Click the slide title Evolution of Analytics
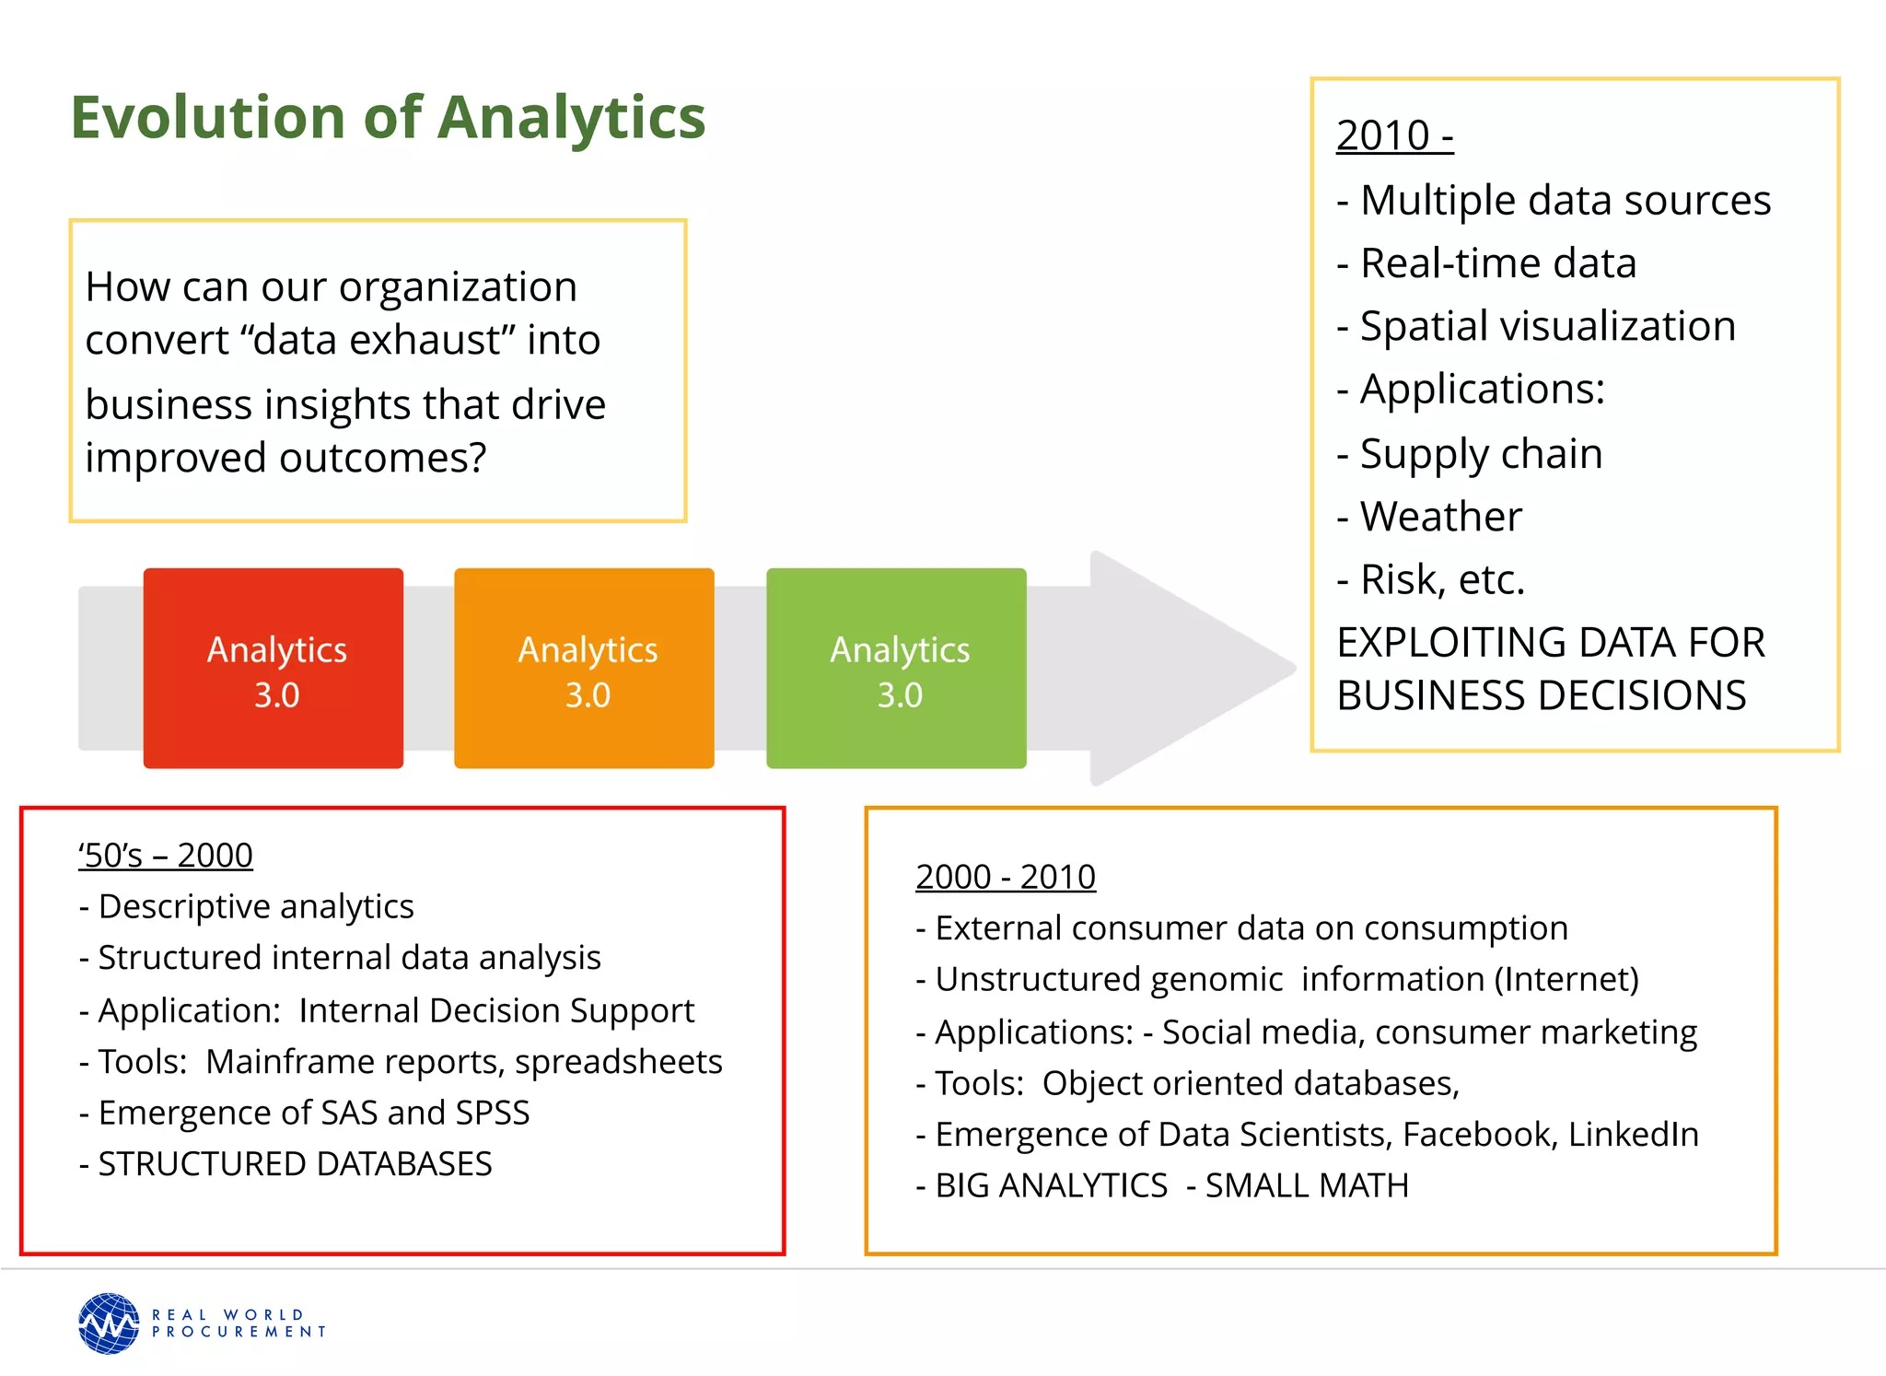(388, 118)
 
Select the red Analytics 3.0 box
(274, 669)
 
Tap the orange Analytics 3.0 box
(584, 669)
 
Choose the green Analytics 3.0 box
(896, 669)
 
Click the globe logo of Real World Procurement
(109, 1324)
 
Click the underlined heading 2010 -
(1394, 135)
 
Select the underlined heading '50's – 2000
(166, 856)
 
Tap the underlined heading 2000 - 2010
(1006, 877)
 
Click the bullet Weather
(1440, 517)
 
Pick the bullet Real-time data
(1497, 263)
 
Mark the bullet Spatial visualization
(1547, 326)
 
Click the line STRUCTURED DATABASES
(295, 1164)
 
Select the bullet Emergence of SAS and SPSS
(313, 1113)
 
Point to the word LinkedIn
(1633, 1135)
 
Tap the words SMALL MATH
(1307, 1185)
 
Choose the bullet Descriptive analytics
(255, 906)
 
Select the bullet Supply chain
(1481, 454)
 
